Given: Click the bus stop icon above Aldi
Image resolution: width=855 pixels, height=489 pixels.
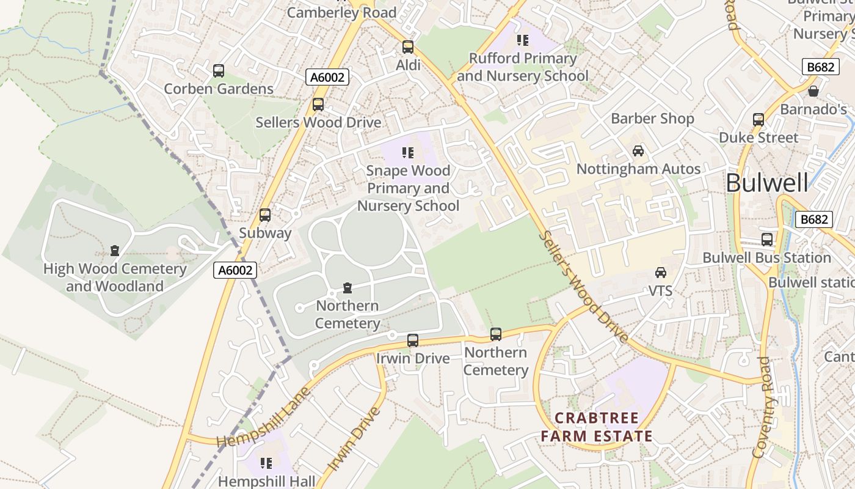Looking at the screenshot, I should (408, 47).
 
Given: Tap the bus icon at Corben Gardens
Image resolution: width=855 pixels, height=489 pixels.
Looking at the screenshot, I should (219, 71).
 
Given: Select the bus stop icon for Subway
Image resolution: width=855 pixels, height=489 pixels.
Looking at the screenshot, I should (265, 215).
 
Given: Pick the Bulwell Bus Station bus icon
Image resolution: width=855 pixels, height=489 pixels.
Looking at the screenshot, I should (767, 240).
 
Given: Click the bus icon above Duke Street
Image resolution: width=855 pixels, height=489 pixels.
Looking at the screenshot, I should (759, 120).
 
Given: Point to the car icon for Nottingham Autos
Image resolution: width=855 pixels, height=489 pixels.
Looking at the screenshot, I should (638, 151).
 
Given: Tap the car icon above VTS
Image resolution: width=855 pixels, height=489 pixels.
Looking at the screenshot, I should (661, 273).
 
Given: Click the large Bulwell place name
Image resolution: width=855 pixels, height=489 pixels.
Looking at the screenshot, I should (767, 183).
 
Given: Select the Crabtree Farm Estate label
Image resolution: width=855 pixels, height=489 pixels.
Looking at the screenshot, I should (597, 427).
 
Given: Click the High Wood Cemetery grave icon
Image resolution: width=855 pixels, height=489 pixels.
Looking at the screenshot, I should (114, 251).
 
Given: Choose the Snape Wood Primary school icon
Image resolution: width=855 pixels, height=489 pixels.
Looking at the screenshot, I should (408, 153).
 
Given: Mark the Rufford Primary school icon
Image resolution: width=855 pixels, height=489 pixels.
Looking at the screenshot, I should (522, 40).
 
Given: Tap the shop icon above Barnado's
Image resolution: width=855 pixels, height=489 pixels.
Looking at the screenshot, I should (813, 92).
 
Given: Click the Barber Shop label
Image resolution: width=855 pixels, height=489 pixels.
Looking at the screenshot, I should (652, 119).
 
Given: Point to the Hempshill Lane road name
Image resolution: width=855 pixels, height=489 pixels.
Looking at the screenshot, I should (264, 417).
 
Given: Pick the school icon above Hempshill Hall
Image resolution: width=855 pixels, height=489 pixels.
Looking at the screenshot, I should (266, 463).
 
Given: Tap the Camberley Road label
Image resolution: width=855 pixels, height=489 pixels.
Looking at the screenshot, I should (341, 12).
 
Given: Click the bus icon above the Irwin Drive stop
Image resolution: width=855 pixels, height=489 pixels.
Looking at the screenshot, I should (413, 340).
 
